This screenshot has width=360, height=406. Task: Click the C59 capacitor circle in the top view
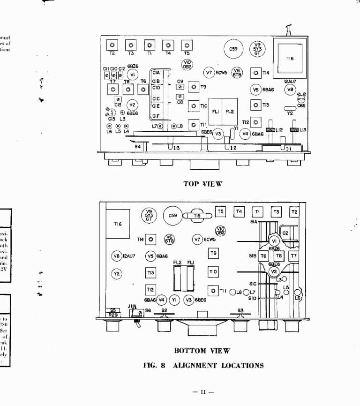click(x=233, y=49)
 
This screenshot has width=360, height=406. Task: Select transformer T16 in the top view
click(x=290, y=58)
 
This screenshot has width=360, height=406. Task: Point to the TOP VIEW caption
click(x=202, y=184)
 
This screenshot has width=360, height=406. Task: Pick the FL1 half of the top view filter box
click(x=216, y=112)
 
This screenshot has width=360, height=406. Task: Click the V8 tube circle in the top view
click(x=291, y=90)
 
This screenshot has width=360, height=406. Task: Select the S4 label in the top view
click(x=137, y=147)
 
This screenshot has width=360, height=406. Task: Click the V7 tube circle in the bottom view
click(x=197, y=240)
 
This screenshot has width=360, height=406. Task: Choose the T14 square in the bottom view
click(x=151, y=240)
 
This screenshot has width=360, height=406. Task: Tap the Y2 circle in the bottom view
click(x=117, y=273)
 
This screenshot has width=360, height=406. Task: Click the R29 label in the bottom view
click(x=112, y=316)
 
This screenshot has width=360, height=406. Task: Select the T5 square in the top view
click(x=187, y=45)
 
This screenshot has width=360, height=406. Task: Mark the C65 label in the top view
click(x=301, y=106)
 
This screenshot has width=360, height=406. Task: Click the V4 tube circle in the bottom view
click(x=162, y=299)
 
